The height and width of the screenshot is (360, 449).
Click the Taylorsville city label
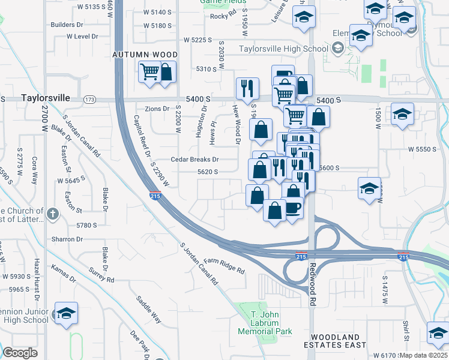pos(46,97)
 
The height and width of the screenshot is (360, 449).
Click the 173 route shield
pos(90,99)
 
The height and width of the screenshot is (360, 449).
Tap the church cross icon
pos(53,213)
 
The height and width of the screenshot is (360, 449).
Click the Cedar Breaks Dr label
pos(195,160)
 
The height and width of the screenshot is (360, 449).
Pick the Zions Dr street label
pos(157,109)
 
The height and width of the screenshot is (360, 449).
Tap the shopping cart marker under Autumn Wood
pos(150,73)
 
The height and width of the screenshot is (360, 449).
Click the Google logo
pos(20,353)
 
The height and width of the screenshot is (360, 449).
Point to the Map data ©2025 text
pos(423,356)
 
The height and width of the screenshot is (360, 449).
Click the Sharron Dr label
pos(67,239)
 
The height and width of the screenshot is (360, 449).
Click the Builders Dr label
pos(67,25)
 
